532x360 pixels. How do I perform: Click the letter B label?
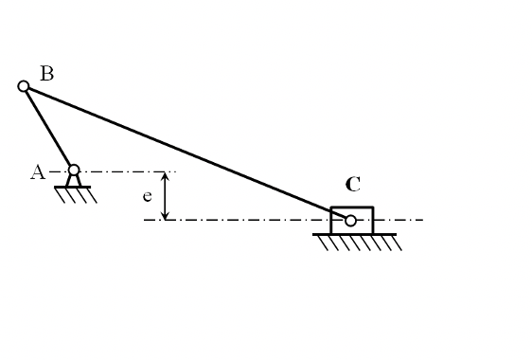click(46, 73)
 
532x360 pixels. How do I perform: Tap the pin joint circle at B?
click(24, 86)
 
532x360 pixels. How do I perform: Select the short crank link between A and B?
click(47, 127)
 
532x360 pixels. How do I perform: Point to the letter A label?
click(38, 171)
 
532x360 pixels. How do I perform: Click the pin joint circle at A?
click(74, 171)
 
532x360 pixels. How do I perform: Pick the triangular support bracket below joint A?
click(73, 180)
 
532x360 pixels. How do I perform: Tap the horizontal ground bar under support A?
click(73, 187)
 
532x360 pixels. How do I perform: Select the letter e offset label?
click(147, 197)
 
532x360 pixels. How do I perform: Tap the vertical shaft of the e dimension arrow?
click(166, 196)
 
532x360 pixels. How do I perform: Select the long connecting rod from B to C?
click(180, 150)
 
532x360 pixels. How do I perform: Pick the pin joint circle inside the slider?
click(350, 221)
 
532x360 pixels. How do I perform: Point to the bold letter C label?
click(353, 185)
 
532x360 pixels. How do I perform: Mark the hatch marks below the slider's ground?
click(360, 243)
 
